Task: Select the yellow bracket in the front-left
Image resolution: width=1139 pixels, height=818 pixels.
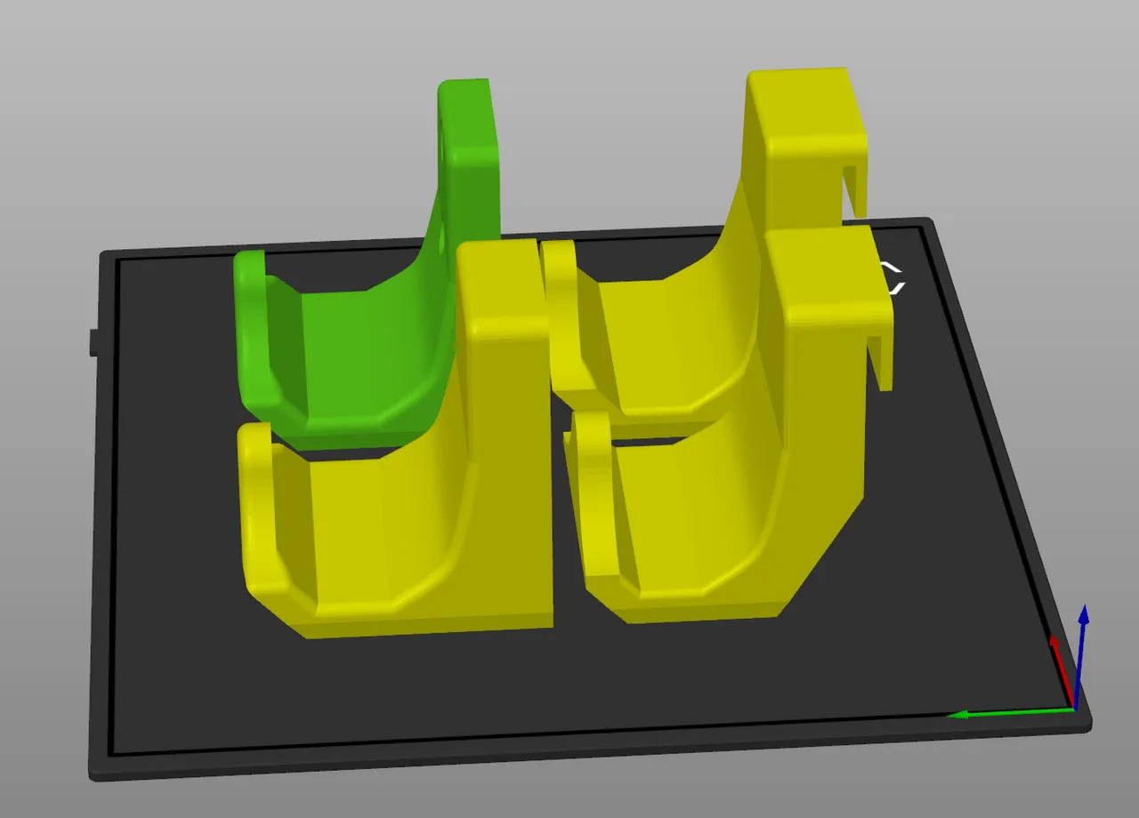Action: [x=400, y=533]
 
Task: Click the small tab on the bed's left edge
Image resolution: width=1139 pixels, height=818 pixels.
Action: [x=93, y=342]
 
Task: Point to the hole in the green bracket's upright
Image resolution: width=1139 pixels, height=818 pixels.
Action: [x=444, y=142]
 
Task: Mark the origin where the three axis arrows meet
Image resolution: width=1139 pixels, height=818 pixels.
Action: [x=1074, y=709]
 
